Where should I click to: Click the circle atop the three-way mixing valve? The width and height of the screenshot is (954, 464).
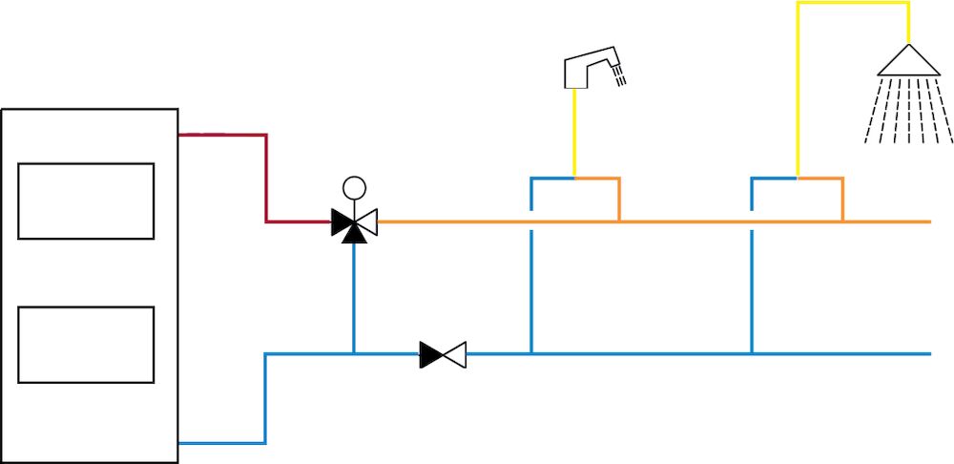(x=354, y=188)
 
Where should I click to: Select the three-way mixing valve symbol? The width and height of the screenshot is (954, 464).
(x=354, y=223)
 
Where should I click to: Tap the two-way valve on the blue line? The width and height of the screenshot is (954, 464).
(x=443, y=355)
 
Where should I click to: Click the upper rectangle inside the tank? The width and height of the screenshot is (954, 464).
(x=86, y=200)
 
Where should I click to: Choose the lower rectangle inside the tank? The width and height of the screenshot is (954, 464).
(x=86, y=345)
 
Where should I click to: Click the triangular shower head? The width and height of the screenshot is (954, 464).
(x=907, y=61)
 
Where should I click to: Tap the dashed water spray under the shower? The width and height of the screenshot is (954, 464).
(x=907, y=110)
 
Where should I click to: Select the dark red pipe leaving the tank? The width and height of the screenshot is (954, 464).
(x=265, y=177)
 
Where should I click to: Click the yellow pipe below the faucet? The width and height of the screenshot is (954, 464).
(x=574, y=134)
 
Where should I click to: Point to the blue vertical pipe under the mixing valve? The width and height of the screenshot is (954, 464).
(x=354, y=296)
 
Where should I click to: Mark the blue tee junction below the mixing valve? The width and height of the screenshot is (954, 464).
(x=354, y=354)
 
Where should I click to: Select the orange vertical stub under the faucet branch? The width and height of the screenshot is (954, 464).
(x=619, y=200)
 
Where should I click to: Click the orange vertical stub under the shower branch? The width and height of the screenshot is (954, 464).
(x=842, y=200)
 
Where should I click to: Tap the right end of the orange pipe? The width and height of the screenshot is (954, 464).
(x=926, y=221)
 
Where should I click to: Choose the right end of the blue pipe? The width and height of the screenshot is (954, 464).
(x=926, y=354)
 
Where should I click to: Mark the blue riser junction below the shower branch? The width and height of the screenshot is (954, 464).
(x=752, y=354)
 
